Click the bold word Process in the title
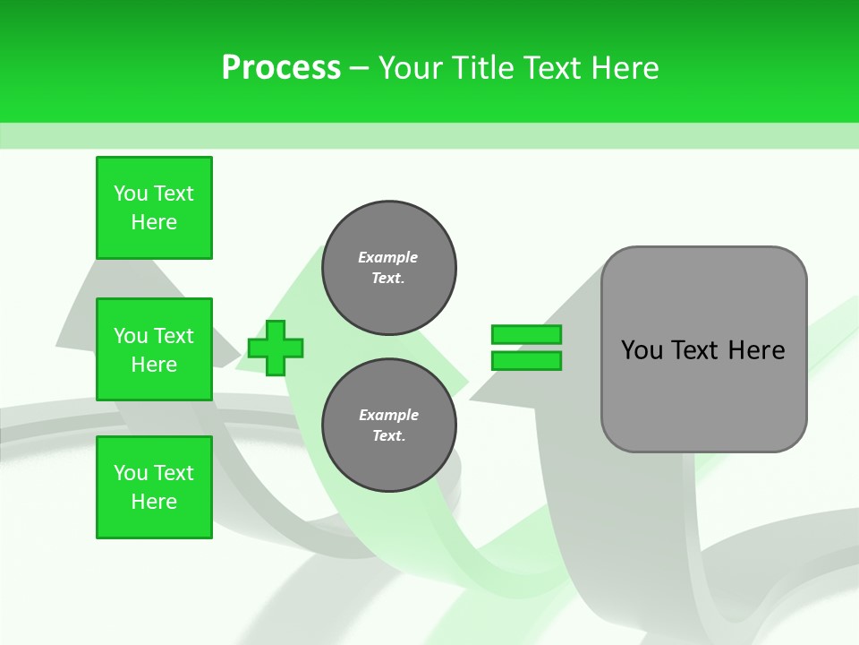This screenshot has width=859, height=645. point(281,68)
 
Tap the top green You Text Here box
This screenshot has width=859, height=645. point(154,208)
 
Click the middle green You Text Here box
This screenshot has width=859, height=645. point(154,349)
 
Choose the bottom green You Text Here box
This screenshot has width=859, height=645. point(154,487)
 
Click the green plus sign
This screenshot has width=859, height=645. point(276,348)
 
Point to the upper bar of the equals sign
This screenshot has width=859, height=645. point(526,334)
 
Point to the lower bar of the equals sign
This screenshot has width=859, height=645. point(526,361)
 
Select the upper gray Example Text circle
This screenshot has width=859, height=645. point(388,268)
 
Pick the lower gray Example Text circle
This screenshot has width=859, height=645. point(388,426)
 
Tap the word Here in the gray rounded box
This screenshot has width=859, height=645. point(756,350)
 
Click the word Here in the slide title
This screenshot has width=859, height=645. point(625,68)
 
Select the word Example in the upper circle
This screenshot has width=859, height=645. point(388,257)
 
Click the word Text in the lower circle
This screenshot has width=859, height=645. point(387,436)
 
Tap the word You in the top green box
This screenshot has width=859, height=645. point(131,193)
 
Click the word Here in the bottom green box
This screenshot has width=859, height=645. point(154,502)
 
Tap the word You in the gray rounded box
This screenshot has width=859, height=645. point(642,350)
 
